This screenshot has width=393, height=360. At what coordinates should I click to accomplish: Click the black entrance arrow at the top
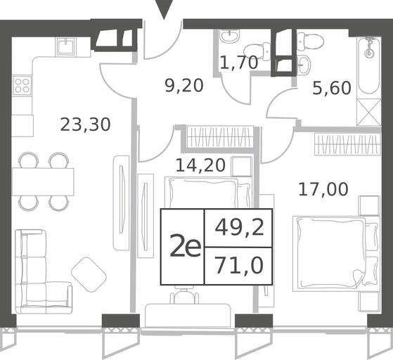tap(165, 8)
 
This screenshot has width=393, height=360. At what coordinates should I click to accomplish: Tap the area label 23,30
tap(85, 124)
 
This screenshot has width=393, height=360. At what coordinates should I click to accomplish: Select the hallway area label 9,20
tap(184, 86)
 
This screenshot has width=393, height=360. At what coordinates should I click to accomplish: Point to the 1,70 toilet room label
tap(238, 63)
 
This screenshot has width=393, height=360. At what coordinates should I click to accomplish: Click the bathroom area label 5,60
tap(331, 89)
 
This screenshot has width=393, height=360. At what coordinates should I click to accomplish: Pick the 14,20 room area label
tap(200, 165)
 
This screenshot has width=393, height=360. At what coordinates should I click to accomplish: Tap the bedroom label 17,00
tap(323, 189)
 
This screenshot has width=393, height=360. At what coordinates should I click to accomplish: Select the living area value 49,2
tap(239, 228)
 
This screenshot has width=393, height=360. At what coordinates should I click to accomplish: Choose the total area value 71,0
tap(239, 266)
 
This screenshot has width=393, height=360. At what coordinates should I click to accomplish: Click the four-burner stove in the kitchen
tap(22, 85)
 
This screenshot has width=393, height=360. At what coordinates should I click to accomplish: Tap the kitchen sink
tap(65, 46)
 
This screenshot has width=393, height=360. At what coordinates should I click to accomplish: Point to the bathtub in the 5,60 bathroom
tap(369, 65)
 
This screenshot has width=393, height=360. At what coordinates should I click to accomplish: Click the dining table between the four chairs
tap(43, 181)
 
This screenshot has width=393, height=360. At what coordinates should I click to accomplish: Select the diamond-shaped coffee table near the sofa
tap(89, 274)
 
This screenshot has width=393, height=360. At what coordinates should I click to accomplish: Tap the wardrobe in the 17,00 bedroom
tap(347, 144)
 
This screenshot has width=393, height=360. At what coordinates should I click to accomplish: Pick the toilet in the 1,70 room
tap(257, 51)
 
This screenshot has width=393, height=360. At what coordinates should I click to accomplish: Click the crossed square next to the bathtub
tap(369, 112)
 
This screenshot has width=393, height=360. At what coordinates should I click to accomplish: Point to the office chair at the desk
tap(184, 295)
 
